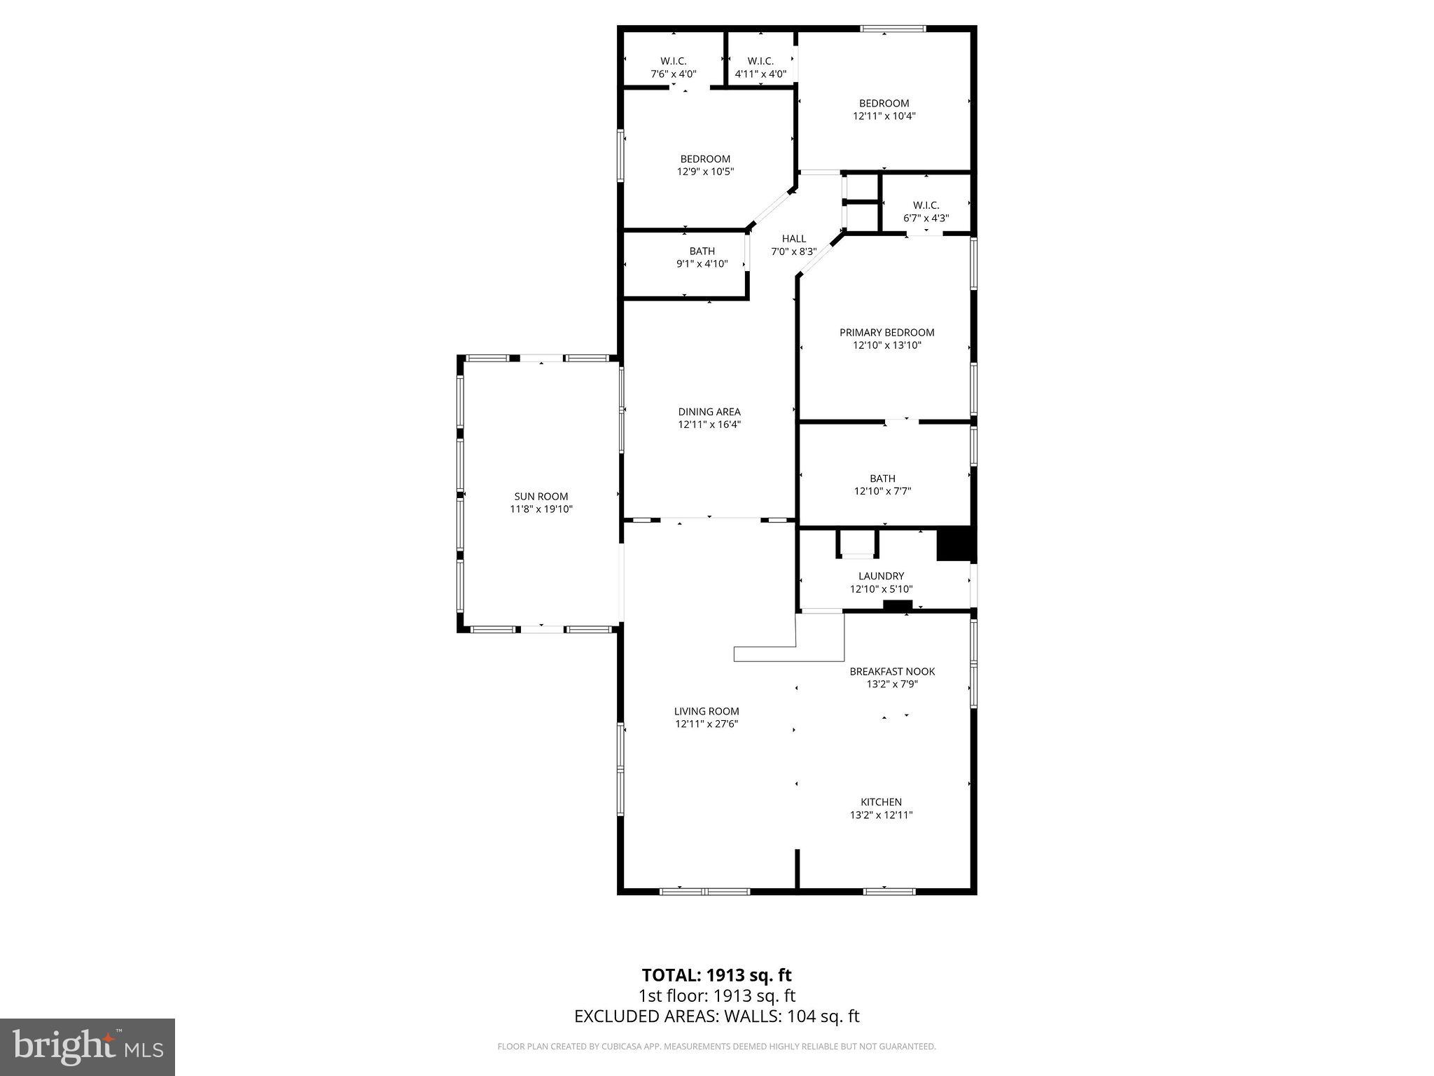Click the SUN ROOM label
[541, 497]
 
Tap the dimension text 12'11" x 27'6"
[706, 724]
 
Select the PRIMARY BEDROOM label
[886, 333]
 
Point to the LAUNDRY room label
[881, 577]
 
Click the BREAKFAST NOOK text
[892, 672]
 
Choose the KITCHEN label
[881, 802]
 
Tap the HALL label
[793, 239]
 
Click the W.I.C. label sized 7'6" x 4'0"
[673, 62]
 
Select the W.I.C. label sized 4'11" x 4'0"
[760, 62]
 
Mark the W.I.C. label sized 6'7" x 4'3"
[926, 205]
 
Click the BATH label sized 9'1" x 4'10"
[702, 251]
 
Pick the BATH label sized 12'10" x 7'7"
[882, 479]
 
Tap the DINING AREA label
[709, 412]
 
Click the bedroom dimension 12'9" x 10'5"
[705, 172]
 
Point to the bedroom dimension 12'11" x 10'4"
[884, 116]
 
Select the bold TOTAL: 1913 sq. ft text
[716, 975]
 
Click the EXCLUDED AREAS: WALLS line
[716, 1016]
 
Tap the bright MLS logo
[88, 1047]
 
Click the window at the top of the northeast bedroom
[893, 29]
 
